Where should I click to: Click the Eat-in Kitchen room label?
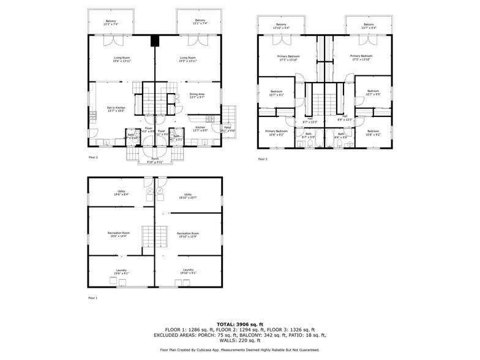116,109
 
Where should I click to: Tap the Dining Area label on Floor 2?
197,96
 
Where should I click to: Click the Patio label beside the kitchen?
227,129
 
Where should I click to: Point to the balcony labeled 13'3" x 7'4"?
111,22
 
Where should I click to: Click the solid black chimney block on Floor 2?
155,42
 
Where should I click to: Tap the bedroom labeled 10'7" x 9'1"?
277,93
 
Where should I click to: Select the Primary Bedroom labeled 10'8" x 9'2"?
276,132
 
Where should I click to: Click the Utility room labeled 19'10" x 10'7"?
188,197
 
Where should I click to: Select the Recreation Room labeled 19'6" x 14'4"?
120,234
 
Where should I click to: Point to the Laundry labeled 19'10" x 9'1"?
188,271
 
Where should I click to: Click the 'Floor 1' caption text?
93,298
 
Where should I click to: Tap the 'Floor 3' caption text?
263,159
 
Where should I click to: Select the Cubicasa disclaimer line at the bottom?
239,350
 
